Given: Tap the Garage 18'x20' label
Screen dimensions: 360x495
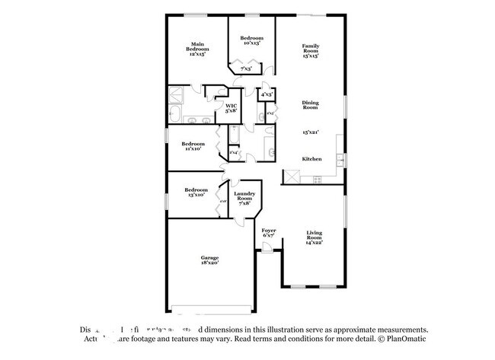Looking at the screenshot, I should click(209, 260).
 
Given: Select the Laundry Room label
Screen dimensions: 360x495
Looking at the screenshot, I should click(245, 197).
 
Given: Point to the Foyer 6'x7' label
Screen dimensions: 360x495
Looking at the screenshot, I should click(269, 232).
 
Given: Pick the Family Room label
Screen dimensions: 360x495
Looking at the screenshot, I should click(310, 50).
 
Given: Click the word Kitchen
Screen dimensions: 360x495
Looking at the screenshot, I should click(312, 159).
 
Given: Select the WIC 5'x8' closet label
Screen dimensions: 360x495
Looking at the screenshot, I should click(231, 108).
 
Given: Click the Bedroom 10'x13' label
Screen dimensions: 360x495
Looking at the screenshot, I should click(251, 40).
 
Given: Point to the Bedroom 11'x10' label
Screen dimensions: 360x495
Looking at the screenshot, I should click(193, 145).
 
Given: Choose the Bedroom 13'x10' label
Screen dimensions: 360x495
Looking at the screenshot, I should click(195, 192).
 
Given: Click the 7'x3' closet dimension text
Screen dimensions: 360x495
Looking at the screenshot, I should click(246, 69).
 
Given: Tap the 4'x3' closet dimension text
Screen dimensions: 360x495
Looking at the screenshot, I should click(267, 94).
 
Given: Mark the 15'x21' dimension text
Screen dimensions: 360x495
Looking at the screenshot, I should click(310, 132).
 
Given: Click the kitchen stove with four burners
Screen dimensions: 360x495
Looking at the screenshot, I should click(317, 179).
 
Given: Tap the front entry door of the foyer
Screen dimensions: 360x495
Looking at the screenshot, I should click(267, 253).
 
